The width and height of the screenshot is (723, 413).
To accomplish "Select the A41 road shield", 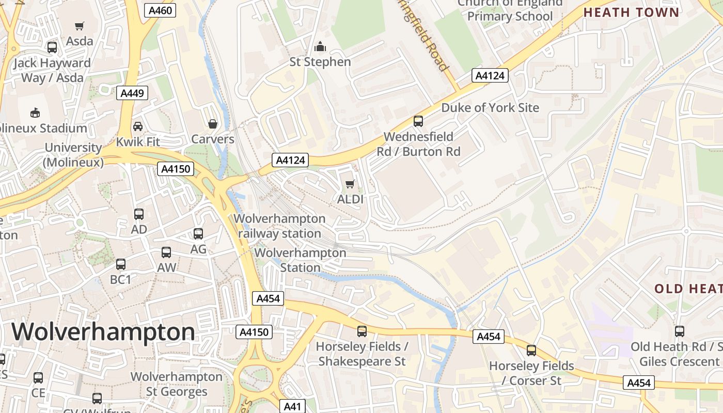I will click(x=292, y=406).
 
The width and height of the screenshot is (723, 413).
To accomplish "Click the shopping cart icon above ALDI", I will click(x=350, y=184).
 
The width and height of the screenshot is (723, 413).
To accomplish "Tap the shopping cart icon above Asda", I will click(x=80, y=26).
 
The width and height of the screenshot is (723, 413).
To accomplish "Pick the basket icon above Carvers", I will click(x=212, y=124).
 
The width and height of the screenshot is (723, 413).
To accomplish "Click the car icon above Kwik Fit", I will click(x=138, y=126).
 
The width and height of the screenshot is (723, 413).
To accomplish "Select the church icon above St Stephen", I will click(x=320, y=47).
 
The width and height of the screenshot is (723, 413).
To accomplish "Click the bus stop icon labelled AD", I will click(x=138, y=214).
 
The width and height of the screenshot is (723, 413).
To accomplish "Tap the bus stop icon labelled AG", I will click(x=198, y=234).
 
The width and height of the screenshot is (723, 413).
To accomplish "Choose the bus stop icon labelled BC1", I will click(x=121, y=264).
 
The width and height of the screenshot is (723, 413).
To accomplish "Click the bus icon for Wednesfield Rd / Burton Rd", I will click(x=418, y=121).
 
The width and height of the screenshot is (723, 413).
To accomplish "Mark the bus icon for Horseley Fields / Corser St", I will click(x=531, y=351).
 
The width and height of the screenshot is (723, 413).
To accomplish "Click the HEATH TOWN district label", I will click(x=631, y=12).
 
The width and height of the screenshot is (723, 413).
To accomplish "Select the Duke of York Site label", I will click(x=490, y=107).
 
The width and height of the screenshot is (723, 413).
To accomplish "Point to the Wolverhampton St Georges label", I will click(x=177, y=384).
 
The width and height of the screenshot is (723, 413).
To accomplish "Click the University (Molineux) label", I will click(x=73, y=155).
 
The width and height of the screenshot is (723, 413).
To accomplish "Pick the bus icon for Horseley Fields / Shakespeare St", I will click(x=362, y=331).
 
